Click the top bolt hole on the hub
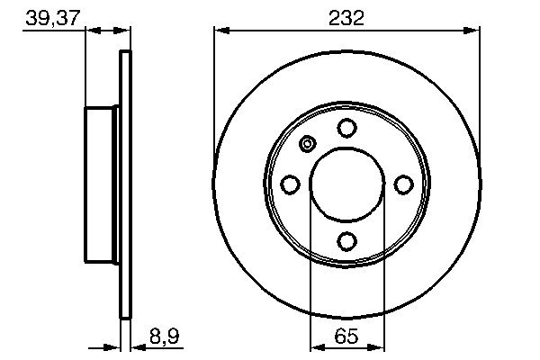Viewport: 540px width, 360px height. [346, 129]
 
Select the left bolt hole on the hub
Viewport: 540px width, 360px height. [291, 184]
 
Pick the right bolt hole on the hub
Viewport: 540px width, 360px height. [403, 184]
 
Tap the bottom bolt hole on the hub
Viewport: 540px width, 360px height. [346, 240]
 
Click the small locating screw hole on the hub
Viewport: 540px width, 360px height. [307, 144]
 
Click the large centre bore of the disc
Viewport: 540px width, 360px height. [346, 184]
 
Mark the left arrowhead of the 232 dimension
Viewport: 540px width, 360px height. [220, 31]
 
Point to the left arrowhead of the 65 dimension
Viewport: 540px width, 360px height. [316, 346]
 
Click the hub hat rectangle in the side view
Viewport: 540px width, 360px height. [103, 184]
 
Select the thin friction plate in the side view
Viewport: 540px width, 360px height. [125, 184]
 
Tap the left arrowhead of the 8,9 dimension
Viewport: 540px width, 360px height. [114, 346]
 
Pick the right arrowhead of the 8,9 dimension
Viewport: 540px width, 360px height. [136, 346]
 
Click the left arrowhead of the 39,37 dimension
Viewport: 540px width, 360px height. [91, 31]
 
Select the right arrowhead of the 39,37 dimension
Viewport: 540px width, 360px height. [125, 31]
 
